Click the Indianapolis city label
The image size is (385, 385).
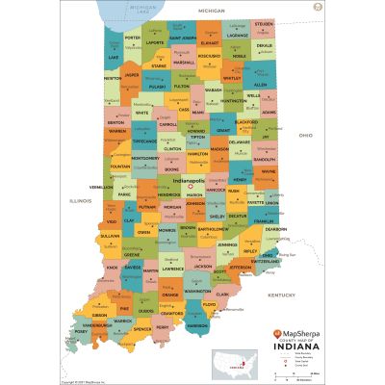click(x=190, y=180)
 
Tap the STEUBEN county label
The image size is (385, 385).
click(x=264, y=23)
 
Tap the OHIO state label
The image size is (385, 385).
click(x=305, y=136)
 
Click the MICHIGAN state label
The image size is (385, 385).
click(x=211, y=9)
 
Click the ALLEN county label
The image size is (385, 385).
click(x=260, y=85)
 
